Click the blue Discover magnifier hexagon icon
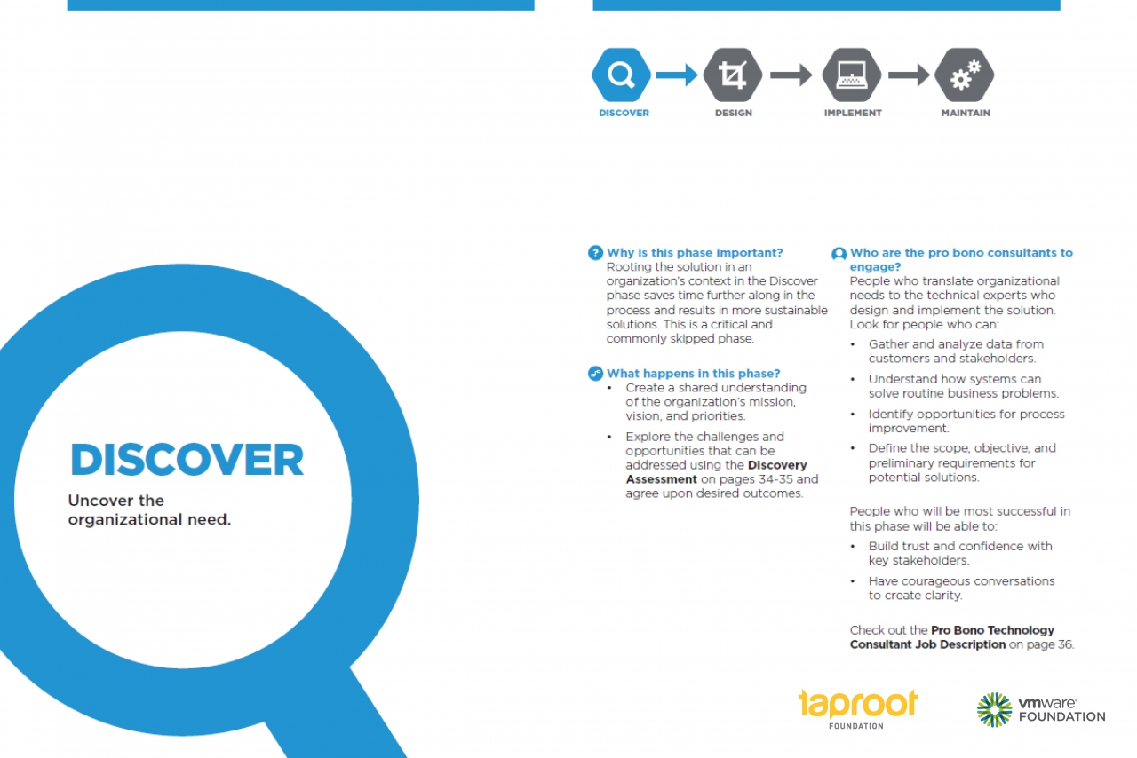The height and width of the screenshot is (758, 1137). (x=621, y=75)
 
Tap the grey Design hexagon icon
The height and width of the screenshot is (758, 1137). (x=733, y=75)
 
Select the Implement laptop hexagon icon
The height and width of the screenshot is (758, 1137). (x=851, y=75)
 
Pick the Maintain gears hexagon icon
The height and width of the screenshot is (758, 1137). (x=965, y=75)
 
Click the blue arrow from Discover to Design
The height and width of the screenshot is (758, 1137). (x=677, y=75)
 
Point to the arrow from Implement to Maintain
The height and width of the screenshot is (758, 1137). (x=909, y=75)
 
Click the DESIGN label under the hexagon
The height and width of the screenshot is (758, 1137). (x=734, y=113)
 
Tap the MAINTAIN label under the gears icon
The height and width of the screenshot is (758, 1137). (x=966, y=113)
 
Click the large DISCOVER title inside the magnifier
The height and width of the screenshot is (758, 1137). (x=187, y=460)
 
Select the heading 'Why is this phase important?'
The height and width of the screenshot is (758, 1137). (x=695, y=253)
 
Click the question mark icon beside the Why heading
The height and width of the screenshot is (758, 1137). (x=595, y=253)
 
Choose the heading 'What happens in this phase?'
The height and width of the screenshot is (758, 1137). (x=694, y=374)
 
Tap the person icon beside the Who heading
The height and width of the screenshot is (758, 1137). (x=839, y=254)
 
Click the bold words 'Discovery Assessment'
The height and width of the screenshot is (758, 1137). (x=716, y=472)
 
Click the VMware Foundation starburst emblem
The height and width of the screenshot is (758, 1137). (x=994, y=710)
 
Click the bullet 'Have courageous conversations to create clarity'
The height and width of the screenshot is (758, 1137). (x=961, y=588)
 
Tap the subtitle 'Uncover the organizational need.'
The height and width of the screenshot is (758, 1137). (x=149, y=509)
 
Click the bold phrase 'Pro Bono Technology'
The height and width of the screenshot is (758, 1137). (x=992, y=630)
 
